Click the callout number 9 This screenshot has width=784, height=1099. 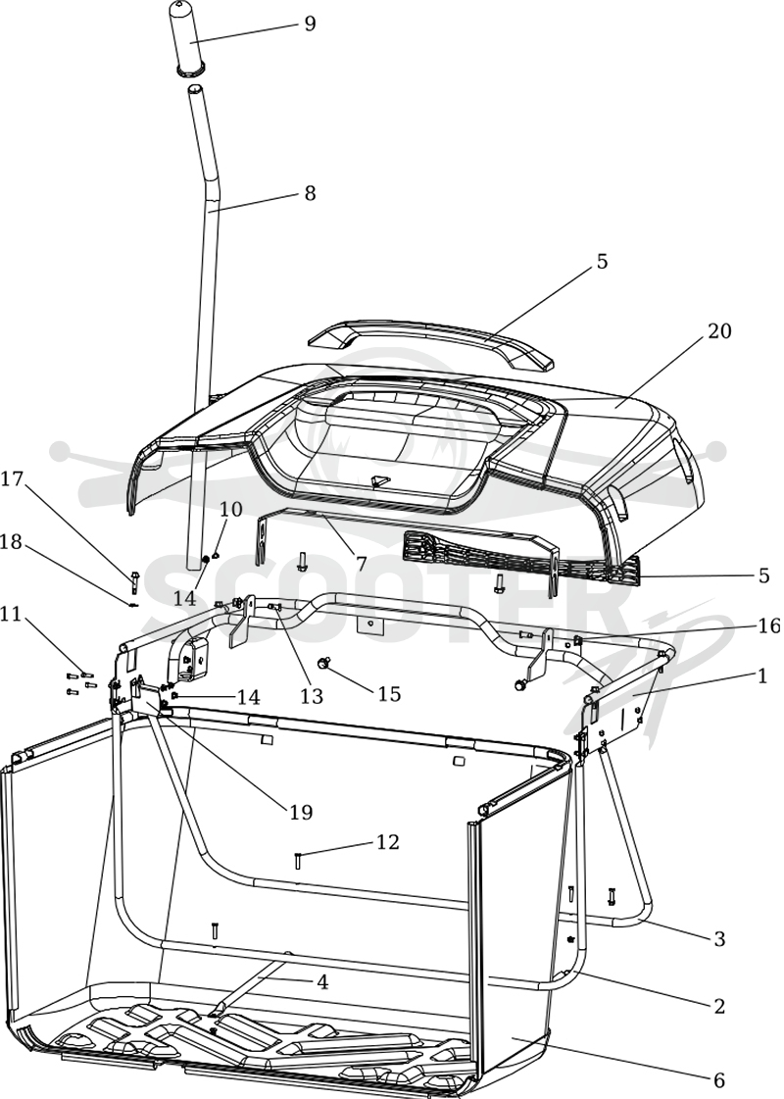click(309, 24)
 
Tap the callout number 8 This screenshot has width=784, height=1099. click(309, 193)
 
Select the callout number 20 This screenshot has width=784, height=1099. click(719, 330)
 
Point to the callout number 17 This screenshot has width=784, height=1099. click(12, 479)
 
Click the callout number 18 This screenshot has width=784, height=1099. click(12, 542)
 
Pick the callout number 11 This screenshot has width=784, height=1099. click(11, 615)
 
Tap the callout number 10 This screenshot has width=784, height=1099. click(230, 508)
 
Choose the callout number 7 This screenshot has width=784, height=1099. click(362, 562)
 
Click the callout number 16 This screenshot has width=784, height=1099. click(769, 625)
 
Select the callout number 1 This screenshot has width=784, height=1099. click(761, 676)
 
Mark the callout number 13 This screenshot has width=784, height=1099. click(312, 695)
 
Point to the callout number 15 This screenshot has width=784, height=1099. click(389, 694)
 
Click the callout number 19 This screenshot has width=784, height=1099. click(301, 813)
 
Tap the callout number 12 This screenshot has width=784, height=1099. click(388, 841)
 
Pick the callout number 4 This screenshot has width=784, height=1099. click(321, 982)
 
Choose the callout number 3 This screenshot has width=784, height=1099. click(719, 938)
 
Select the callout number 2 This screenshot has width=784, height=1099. click(719, 1006)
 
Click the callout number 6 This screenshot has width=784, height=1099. click(718, 1080)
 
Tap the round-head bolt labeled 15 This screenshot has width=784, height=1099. click(324, 663)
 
